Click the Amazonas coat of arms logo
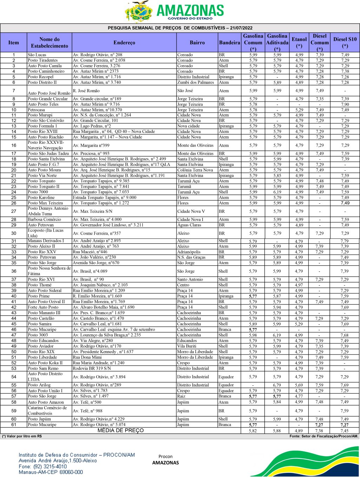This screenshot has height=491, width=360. click(x=139, y=12)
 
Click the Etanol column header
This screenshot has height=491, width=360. click(x=299, y=42)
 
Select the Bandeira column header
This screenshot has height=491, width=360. click(x=229, y=42)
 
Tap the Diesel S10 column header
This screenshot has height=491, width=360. click(x=345, y=42)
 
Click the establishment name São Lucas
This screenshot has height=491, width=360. click(x=37, y=55)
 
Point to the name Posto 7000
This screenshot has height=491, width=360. click(x=38, y=192)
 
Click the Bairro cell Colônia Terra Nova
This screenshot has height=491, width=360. click(x=195, y=170)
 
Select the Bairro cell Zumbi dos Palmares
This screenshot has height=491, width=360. click(x=195, y=82)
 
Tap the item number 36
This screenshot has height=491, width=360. click(x=14, y=271)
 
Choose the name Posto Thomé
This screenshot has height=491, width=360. click(x=40, y=285)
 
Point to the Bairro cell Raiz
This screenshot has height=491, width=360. click(x=181, y=396)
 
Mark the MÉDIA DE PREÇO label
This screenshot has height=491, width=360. click(x=120, y=430)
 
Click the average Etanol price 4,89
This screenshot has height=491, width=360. click(x=299, y=431)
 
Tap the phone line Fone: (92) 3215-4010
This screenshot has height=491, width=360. click(x=43, y=466)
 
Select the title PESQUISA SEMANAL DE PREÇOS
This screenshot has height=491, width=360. click(x=180, y=28)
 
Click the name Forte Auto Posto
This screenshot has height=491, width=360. click(x=43, y=307)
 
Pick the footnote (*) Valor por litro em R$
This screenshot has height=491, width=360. click(x=22, y=436)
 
